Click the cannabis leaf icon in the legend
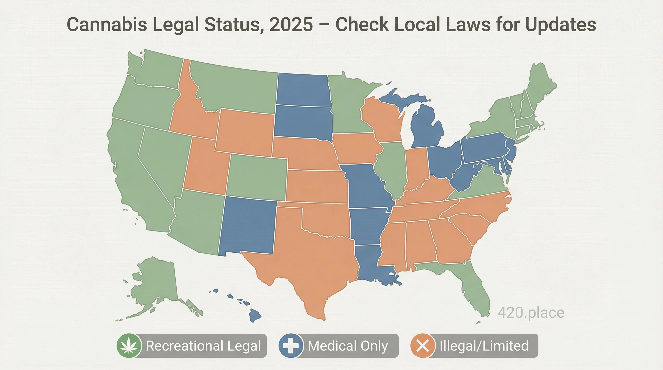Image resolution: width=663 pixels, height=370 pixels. coord(129,346)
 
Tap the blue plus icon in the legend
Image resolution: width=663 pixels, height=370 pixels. coord(291,346)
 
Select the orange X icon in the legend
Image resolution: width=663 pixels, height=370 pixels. coord(423,346)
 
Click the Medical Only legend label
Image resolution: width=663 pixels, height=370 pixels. coord(348,346)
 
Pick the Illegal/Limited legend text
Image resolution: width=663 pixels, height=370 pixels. coord(484,346)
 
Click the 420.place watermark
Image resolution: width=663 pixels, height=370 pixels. coord(531,313)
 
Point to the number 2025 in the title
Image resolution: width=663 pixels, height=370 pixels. coord(291,25)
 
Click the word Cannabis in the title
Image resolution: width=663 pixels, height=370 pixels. coord(107,25)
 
